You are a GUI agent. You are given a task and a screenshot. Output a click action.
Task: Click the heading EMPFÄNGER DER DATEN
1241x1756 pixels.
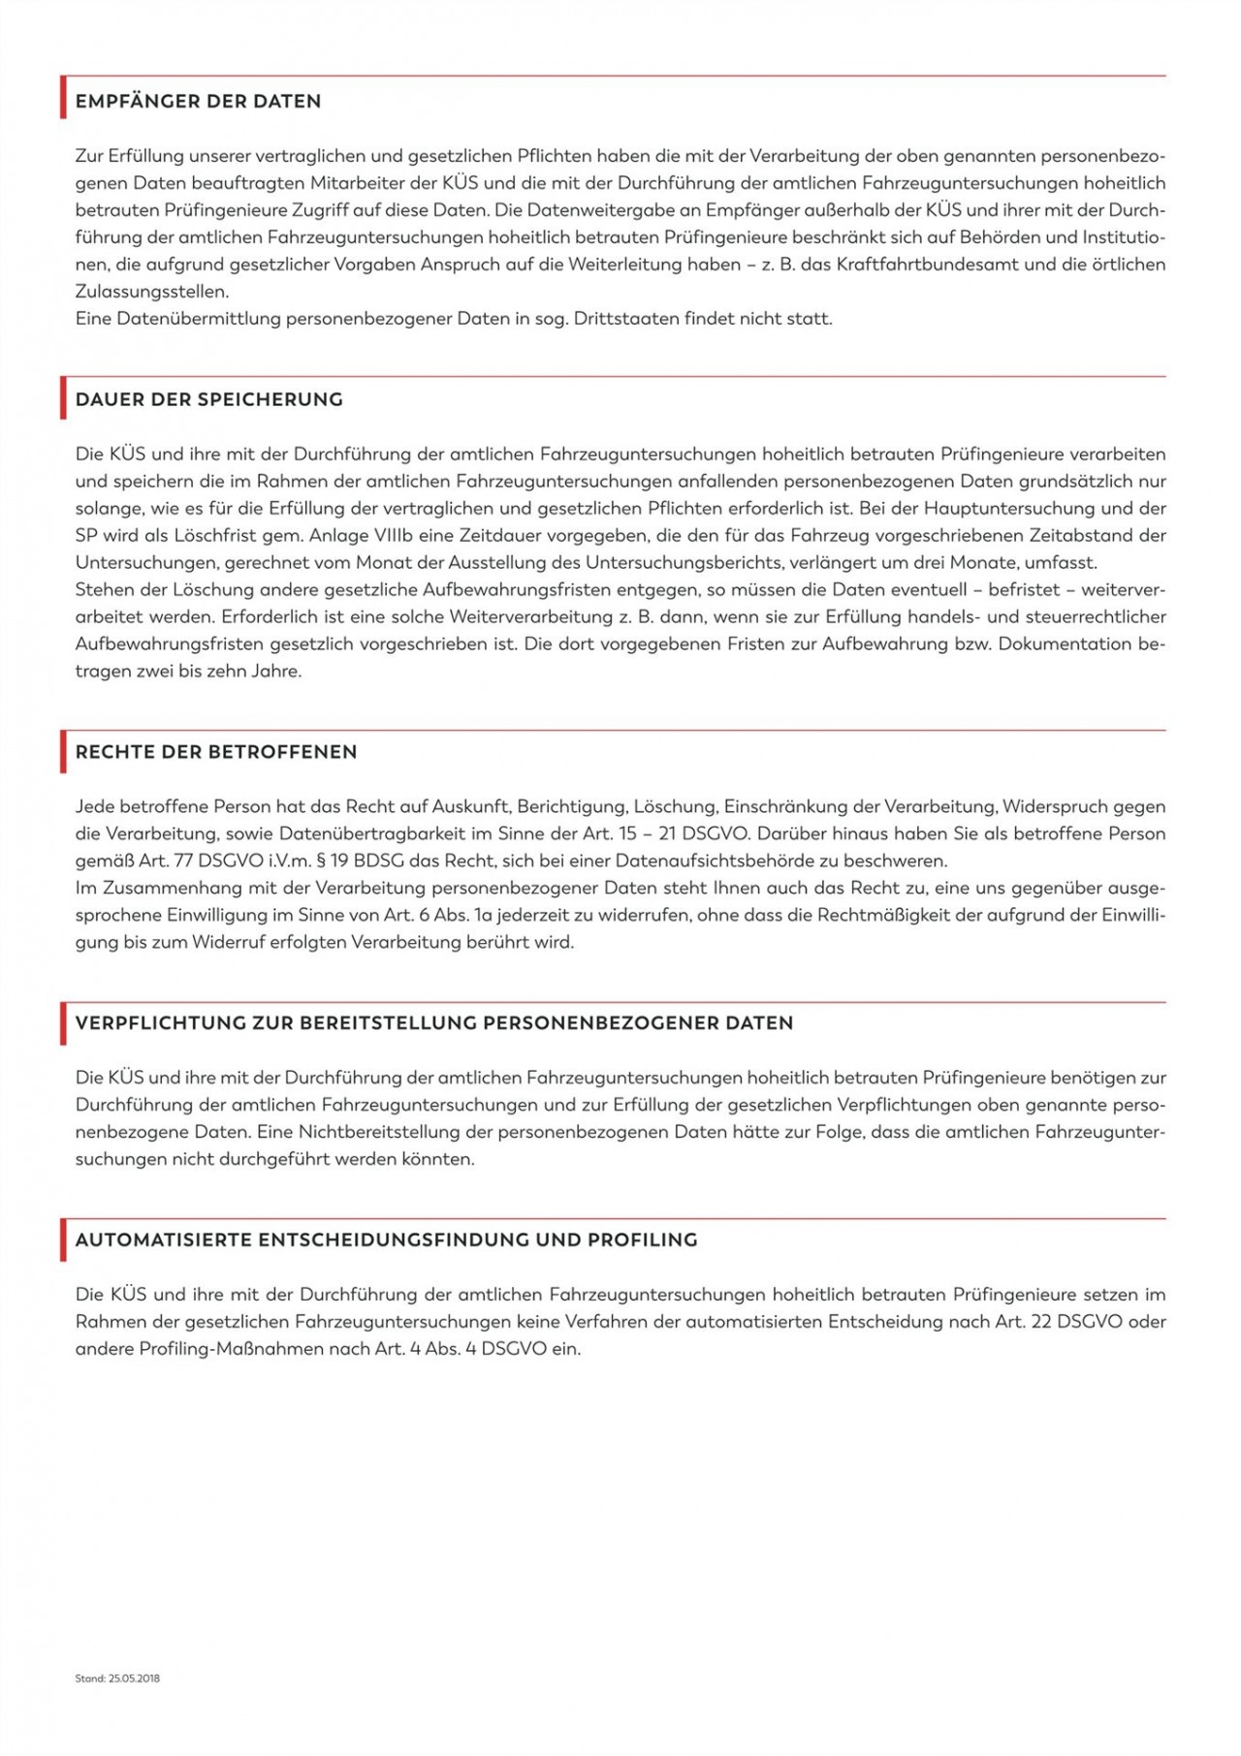pyautogui.click(x=198, y=102)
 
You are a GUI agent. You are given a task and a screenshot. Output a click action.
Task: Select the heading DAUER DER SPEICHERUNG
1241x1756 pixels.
pyautogui.click(x=208, y=399)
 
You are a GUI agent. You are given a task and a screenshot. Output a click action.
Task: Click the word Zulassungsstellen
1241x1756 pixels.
pyautogui.click(x=151, y=292)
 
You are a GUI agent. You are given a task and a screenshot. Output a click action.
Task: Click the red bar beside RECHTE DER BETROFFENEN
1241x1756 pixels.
pyautogui.click(x=63, y=752)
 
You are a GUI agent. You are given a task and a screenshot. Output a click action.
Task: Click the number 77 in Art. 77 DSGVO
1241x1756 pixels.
pyautogui.click(x=181, y=862)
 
